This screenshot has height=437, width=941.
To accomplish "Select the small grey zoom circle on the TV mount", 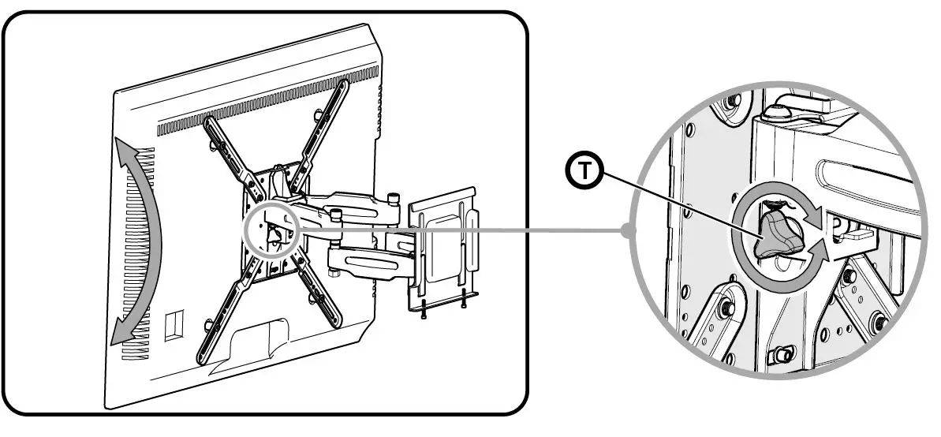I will tap(270, 227).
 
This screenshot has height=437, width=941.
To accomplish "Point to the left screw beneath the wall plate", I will tap(423, 312).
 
